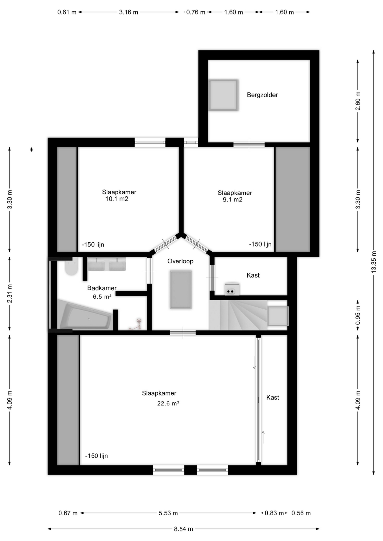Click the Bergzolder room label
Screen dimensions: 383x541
tap(262, 95)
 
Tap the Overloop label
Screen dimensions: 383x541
tap(181, 261)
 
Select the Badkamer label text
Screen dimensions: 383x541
tap(102, 288)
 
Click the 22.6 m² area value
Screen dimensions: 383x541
tap(168, 403)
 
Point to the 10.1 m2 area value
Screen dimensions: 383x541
tap(117, 199)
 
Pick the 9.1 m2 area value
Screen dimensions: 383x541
tap(233, 200)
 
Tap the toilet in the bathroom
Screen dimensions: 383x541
tap(71, 267)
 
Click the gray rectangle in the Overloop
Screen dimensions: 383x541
tap(181, 289)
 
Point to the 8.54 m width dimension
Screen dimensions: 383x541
tap(184, 529)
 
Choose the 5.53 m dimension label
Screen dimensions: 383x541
tap(168, 513)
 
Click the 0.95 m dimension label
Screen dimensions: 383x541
tap(358, 315)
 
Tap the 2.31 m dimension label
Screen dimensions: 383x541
tap(10, 293)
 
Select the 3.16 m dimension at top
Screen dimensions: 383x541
tap(129, 12)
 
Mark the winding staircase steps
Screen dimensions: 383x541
tap(238, 315)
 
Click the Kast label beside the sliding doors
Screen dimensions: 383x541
tap(273, 398)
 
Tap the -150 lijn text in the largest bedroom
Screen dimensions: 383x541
tap(96, 456)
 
